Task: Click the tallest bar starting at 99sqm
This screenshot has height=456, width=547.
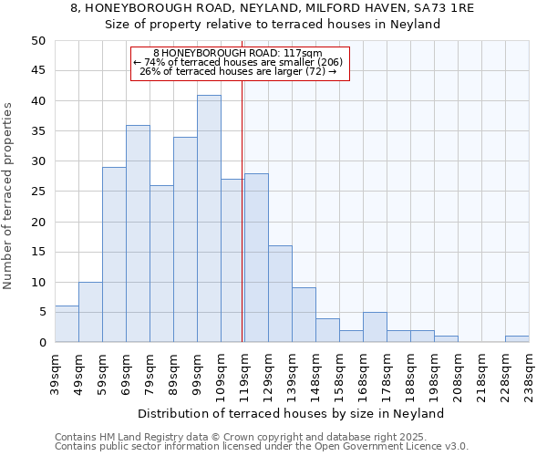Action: [209, 219]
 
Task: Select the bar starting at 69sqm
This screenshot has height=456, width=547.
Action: [138, 233]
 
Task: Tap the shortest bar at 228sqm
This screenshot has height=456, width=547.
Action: [517, 339]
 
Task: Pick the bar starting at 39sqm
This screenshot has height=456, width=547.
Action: [67, 325]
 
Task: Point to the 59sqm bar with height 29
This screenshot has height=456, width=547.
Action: [114, 254]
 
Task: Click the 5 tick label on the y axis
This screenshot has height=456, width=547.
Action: [41, 313]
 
